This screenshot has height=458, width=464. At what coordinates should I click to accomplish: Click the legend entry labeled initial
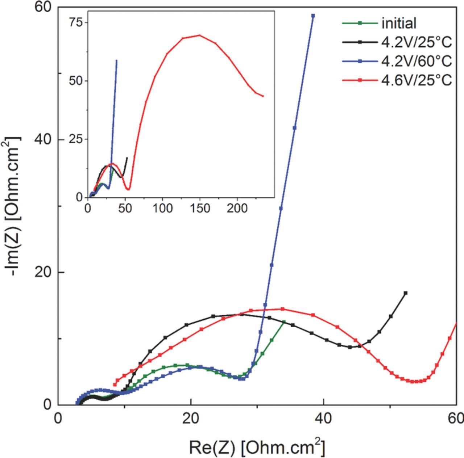(x=398, y=24)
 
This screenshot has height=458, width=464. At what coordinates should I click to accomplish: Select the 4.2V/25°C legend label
(x=417, y=42)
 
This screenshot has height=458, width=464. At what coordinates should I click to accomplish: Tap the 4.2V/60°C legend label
(x=417, y=61)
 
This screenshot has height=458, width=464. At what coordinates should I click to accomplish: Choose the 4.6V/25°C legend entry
(x=417, y=80)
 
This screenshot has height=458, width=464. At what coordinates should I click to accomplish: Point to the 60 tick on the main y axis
(x=43, y=7)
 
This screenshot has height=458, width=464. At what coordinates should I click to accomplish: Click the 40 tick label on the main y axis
(x=43, y=139)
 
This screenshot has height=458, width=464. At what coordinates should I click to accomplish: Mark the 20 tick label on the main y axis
(x=43, y=272)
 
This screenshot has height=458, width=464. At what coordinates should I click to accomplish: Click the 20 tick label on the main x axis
(x=191, y=419)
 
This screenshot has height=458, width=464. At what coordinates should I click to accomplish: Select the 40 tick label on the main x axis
(x=323, y=419)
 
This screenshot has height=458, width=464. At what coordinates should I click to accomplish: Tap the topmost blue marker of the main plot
(x=313, y=16)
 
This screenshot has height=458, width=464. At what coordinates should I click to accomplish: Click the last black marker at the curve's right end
(x=405, y=293)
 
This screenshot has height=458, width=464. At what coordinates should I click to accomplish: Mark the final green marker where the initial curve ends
(x=284, y=322)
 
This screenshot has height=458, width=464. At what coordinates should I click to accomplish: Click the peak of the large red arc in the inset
(x=199, y=35)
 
